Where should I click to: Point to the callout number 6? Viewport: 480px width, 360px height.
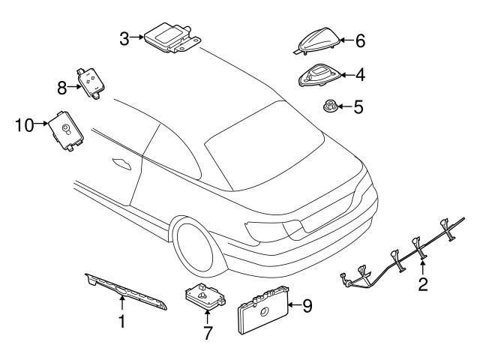click(x=359, y=40)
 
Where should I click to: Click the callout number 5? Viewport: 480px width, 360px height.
click(x=358, y=107)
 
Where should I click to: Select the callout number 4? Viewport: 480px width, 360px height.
click(x=359, y=75)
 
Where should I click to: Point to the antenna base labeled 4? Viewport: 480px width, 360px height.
click(x=319, y=76)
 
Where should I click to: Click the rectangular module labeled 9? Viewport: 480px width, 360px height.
click(x=262, y=309)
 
